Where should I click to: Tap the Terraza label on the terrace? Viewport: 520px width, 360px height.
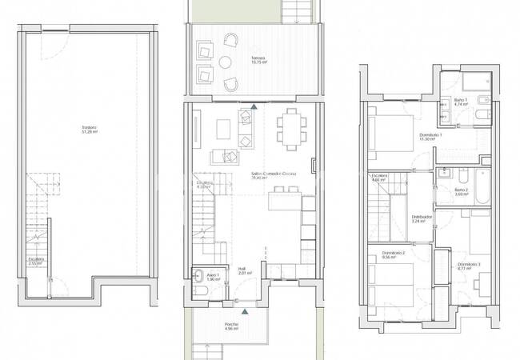pyautogui.click(x=235, y=61)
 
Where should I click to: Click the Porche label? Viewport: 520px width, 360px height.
pyautogui.click(x=232, y=326)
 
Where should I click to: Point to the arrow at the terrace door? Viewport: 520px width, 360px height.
pyautogui.click(x=254, y=106)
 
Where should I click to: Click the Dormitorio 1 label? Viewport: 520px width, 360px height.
pyautogui.click(x=430, y=136)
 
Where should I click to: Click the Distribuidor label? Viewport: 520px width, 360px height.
pyautogui.click(x=422, y=218)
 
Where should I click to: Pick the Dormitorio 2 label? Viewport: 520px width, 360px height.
pyautogui.click(x=393, y=256)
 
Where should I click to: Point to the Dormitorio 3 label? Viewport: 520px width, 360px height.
pyautogui.click(x=469, y=266)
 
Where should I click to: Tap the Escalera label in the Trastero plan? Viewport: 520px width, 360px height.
pyautogui.click(x=36, y=261)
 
